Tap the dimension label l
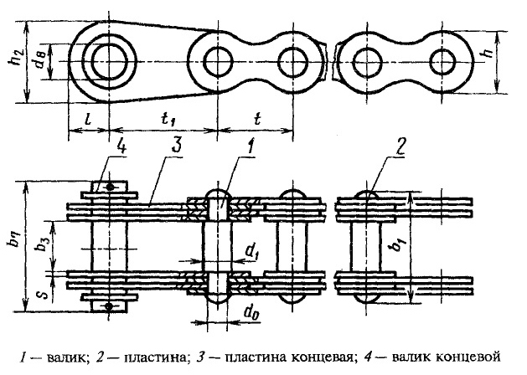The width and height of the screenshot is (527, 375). point(88,119)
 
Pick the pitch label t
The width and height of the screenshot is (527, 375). point(257,118)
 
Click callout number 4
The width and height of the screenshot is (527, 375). point(121,146)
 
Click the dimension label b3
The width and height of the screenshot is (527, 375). point(42,248)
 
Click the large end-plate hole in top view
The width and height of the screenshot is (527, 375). point(109,62)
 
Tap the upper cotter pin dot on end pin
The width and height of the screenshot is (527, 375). point(110,187)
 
